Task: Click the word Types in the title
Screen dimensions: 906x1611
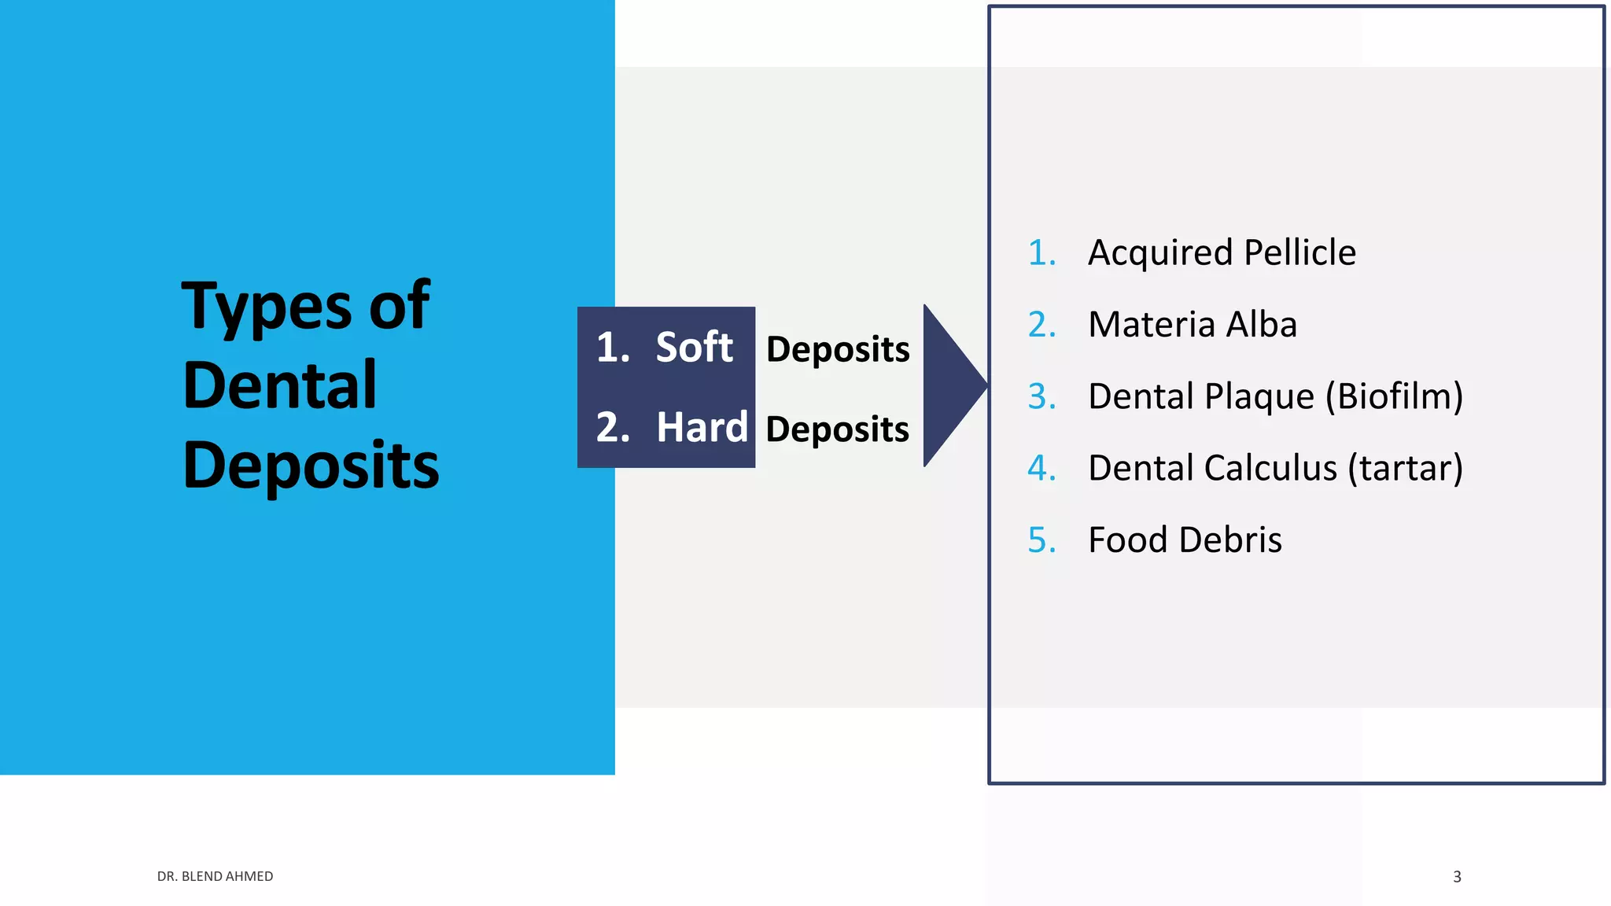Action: [267, 307]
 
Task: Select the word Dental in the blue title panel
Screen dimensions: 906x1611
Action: [280, 385]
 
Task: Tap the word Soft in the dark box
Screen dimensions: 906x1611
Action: [694, 348]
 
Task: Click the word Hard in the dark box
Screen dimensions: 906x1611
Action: [702, 428]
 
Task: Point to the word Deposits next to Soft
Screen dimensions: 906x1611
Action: [838, 349]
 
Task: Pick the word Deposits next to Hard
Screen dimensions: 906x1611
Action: [838, 429]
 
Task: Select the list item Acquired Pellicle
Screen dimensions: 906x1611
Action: [1222, 252]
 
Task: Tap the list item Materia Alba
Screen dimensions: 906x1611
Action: [1193, 325]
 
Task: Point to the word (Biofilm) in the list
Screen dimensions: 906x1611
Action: [1394, 396]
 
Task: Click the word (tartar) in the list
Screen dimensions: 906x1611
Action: [1405, 468]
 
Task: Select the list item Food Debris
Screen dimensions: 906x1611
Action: [1185, 540]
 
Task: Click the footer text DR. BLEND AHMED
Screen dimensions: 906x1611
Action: [215, 876]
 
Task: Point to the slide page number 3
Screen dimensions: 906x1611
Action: [1457, 877]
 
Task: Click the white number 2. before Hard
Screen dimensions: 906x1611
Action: [613, 428]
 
